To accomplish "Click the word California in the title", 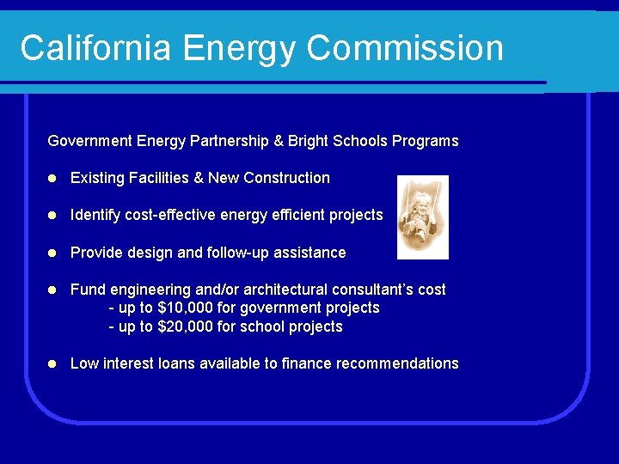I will pyautogui.click(x=95, y=48).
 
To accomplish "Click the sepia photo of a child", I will pyautogui.click(x=423, y=217).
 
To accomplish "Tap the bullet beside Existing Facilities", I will pyautogui.click(x=52, y=179).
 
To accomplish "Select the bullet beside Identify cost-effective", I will pyautogui.click(x=52, y=216).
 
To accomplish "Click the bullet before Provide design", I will pyautogui.click(x=52, y=253).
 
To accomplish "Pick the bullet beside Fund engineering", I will pyautogui.click(x=52, y=290).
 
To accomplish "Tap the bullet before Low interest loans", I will pyautogui.click(x=52, y=364).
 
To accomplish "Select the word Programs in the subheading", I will pyautogui.click(x=426, y=141).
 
